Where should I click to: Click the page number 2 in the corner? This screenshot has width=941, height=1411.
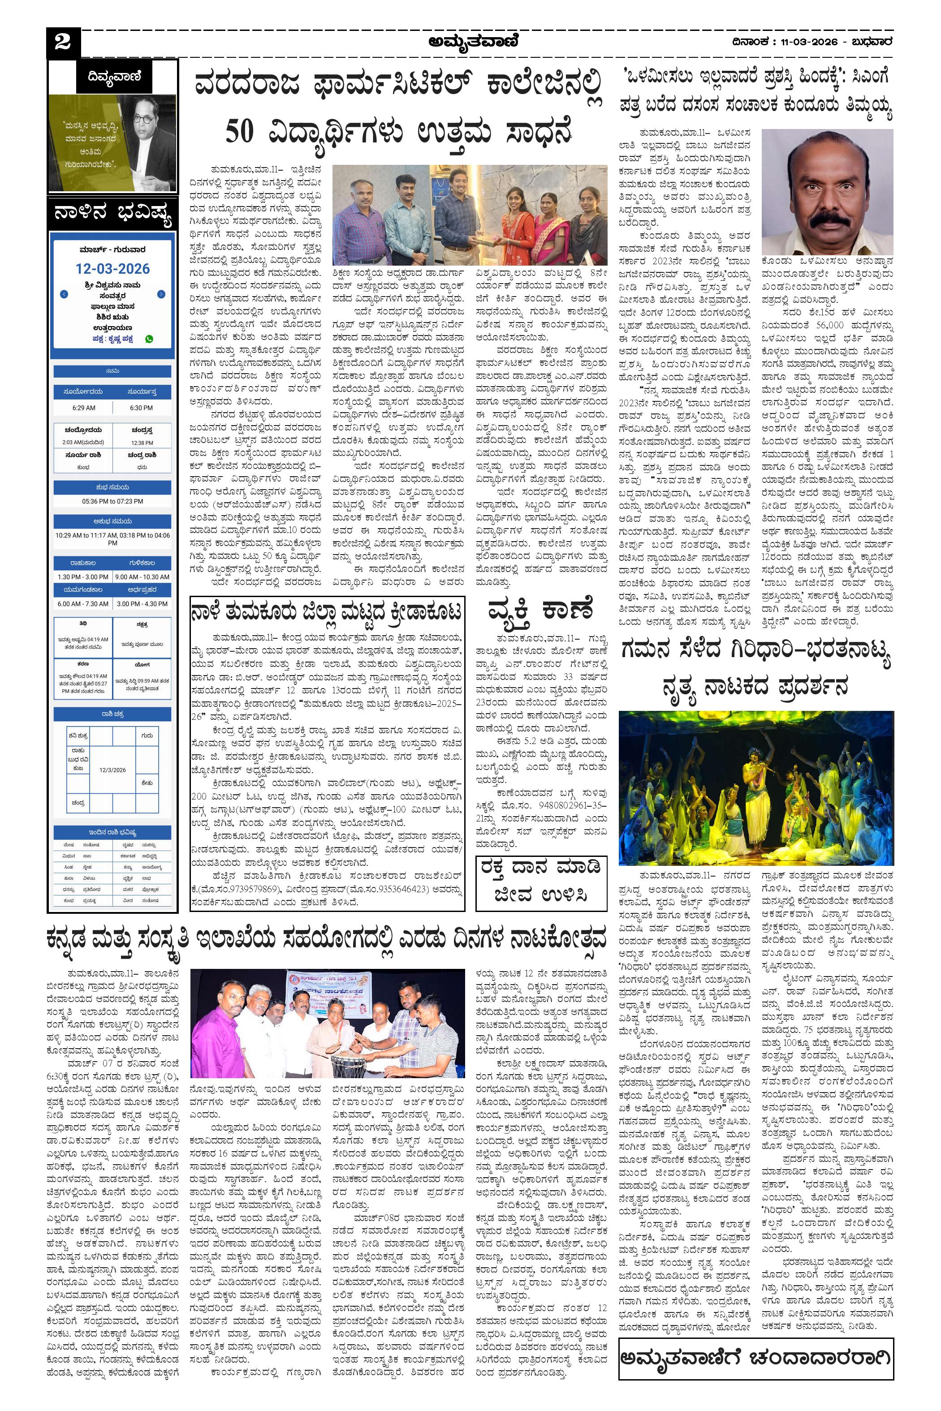tap(62, 43)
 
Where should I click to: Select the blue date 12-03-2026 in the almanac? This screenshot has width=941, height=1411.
tap(113, 269)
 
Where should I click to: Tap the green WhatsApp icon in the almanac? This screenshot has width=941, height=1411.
tap(149, 339)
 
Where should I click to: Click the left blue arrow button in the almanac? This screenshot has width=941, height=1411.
tap(64, 295)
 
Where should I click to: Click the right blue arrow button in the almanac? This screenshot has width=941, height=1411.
tap(161, 295)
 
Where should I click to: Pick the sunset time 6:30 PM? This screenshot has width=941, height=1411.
tap(141, 408)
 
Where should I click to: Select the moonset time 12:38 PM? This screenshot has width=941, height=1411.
tap(142, 443)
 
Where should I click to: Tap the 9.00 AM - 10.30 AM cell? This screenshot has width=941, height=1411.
tap(142, 576)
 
